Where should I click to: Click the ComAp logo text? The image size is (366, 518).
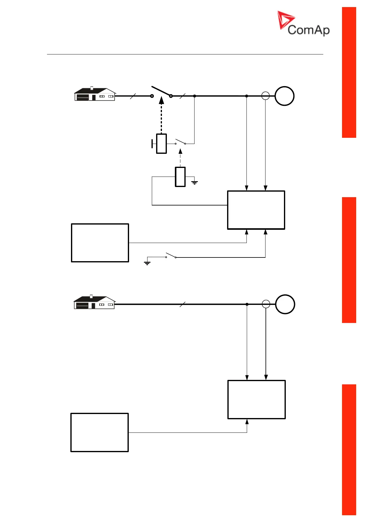click(309, 30)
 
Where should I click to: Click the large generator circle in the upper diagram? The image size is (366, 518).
click(284, 96)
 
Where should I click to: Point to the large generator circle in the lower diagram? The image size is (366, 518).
click(285, 304)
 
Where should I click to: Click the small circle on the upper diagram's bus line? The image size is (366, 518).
click(266, 96)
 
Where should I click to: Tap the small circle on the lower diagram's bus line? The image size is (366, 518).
click(266, 304)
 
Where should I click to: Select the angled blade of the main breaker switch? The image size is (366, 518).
click(161, 91)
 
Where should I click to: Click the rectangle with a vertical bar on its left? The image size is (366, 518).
click(161, 144)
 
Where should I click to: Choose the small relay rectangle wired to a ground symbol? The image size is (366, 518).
click(180, 177)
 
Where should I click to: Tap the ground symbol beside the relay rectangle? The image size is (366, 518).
click(195, 182)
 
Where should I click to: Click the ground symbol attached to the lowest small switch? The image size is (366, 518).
click(147, 263)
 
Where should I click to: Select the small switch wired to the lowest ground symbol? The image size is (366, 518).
click(171, 256)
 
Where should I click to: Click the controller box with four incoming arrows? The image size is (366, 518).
click(256, 210)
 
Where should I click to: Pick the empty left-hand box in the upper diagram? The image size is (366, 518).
click(100, 243)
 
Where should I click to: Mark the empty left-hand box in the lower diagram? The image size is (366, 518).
click(100, 432)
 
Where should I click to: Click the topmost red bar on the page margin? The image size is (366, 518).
click(349, 72)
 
